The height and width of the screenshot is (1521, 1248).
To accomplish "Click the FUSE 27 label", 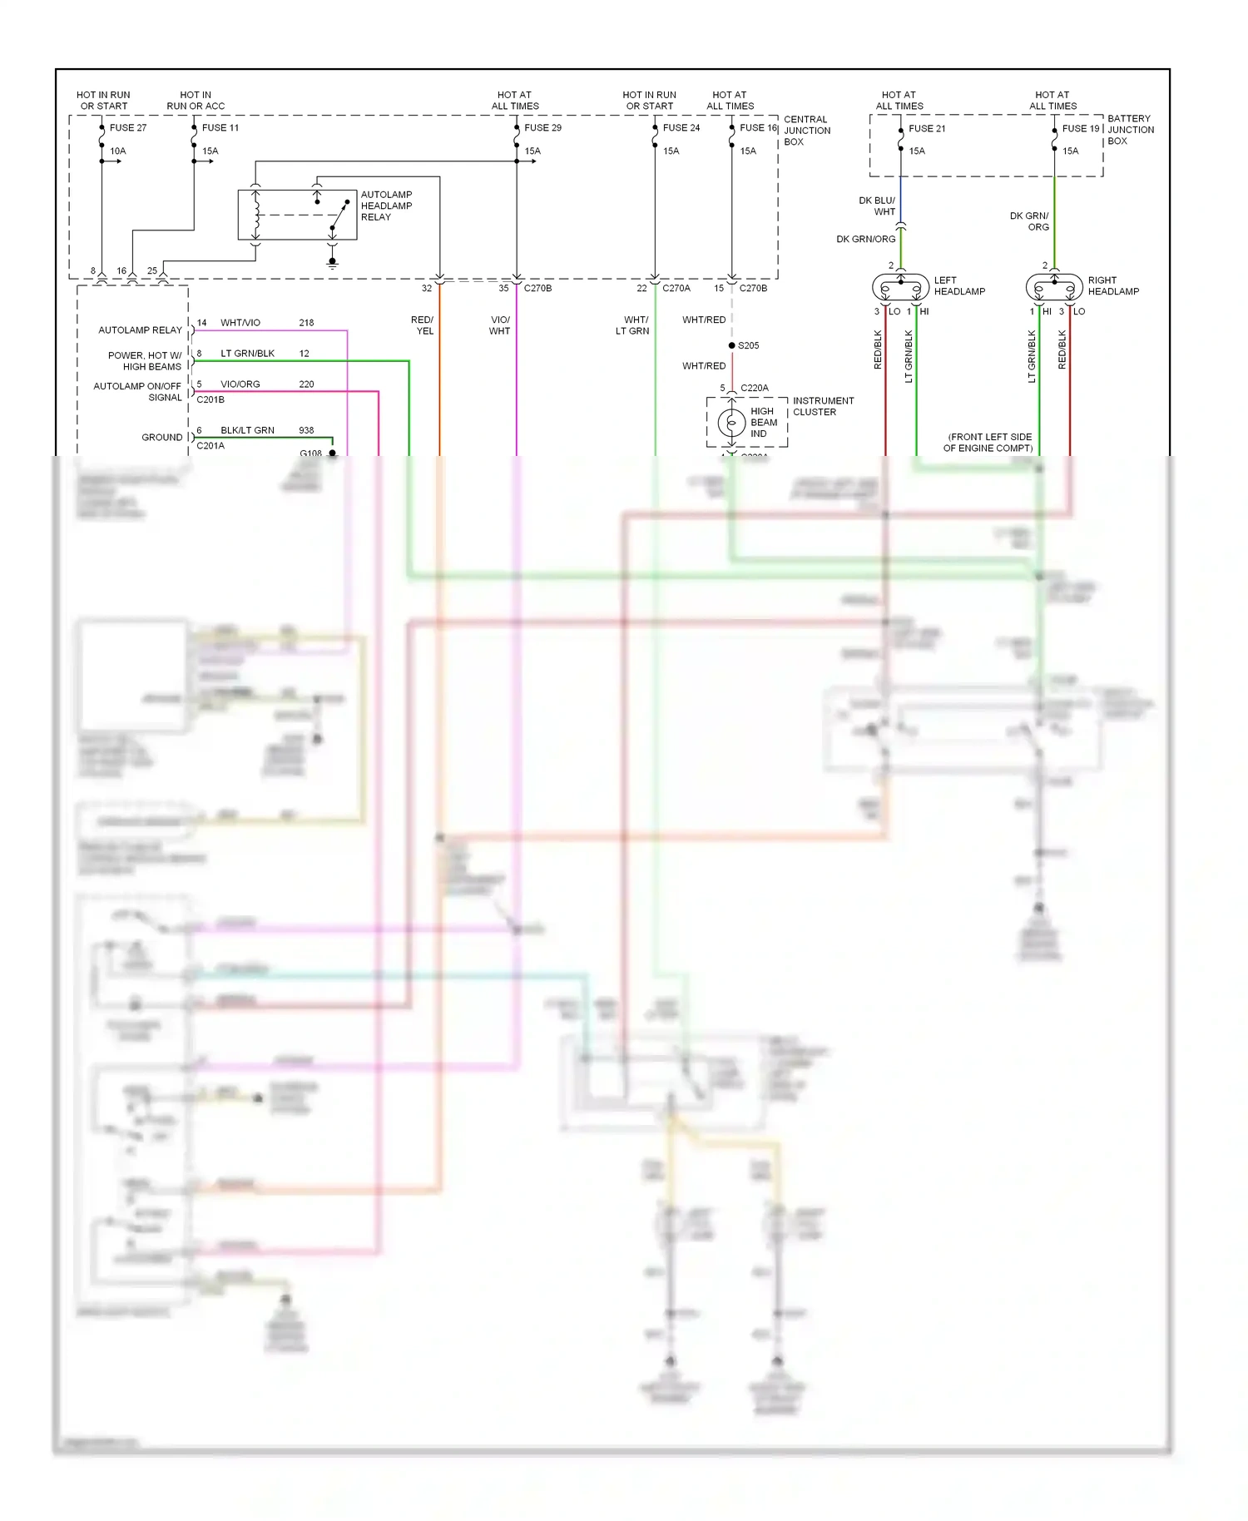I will (x=127, y=127).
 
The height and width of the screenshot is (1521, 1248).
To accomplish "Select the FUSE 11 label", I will (x=220, y=127).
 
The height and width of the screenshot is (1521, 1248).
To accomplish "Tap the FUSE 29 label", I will (x=542, y=127).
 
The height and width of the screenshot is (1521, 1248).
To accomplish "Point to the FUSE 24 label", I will (x=681, y=127).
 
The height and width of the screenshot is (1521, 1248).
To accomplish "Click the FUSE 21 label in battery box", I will (x=927, y=128).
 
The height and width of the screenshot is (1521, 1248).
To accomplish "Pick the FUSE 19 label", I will (x=1081, y=128).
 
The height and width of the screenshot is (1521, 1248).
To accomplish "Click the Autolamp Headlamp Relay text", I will (x=386, y=206).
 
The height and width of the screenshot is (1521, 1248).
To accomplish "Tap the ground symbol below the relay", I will (x=332, y=264).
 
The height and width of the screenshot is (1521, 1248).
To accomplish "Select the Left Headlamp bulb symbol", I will (x=900, y=288).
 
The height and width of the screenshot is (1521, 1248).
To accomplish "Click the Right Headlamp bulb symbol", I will (x=1054, y=288).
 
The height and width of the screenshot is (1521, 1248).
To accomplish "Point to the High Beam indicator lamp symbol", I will (x=731, y=423).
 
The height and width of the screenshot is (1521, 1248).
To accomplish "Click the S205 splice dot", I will (x=731, y=345).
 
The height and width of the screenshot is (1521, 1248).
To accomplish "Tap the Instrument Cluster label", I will (x=823, y=406).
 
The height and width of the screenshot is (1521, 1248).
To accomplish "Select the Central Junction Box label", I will (x=806, y=131).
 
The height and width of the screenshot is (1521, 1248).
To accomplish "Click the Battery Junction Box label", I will (x=1130, y=130).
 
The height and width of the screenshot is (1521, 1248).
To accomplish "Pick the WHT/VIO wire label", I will (x=240, y=323).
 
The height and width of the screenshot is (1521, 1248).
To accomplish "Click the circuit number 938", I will (x=306, y=430).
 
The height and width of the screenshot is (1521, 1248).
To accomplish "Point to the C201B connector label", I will (x=210, y=399).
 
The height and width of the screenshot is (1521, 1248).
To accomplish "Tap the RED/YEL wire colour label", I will (x=423, y=325).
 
